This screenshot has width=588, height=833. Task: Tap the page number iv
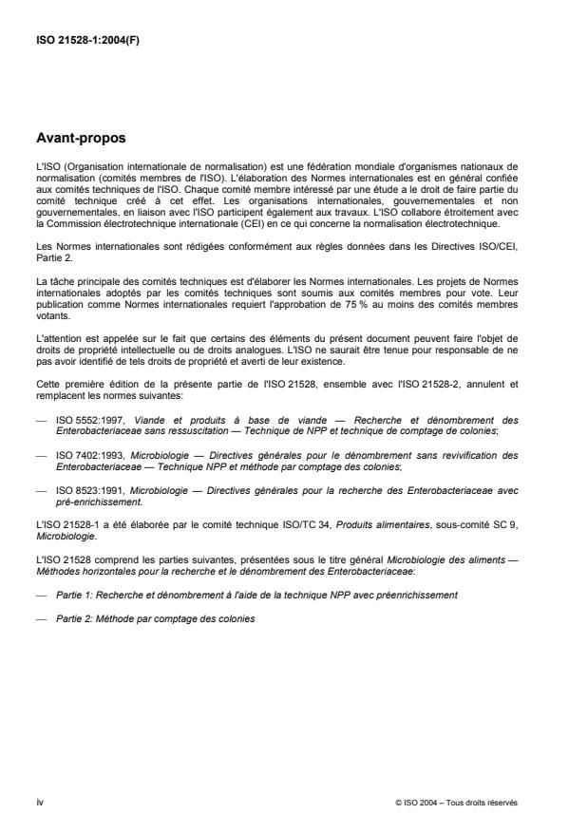[x=39, y=802]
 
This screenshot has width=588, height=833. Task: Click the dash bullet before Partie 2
[x=41, y=618]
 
